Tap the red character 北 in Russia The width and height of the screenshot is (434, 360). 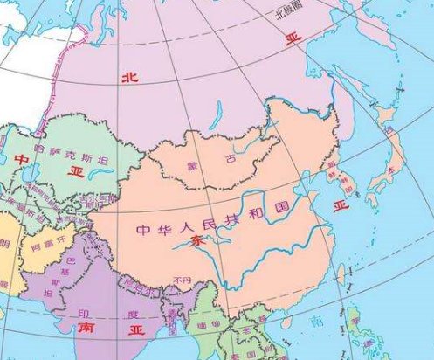click(128, 78)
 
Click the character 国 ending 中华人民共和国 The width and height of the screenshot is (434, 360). click(282, 210)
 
